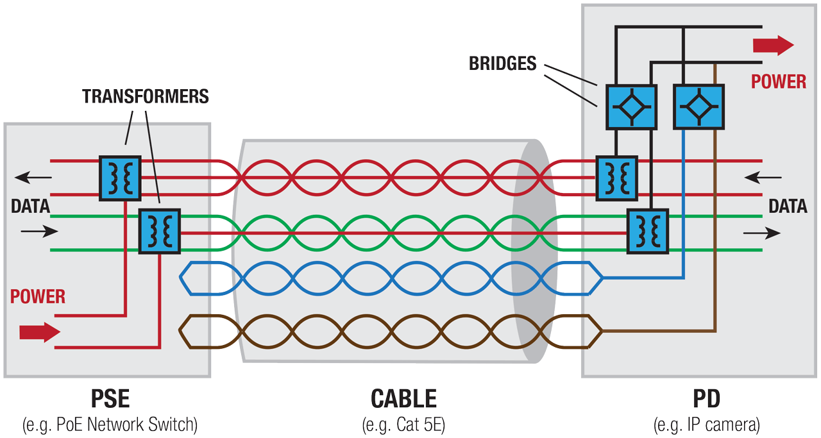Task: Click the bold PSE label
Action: (110, 400)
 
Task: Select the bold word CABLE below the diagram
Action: (403, 400)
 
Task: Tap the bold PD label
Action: (706, 400)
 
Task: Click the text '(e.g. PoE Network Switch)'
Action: (110, 424)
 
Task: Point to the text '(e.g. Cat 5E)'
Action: (403, 424)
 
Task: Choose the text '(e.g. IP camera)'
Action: (706, 424)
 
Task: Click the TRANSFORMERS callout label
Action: (146, 96)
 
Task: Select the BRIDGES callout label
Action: (502, 63)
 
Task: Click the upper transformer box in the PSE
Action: (120, 178)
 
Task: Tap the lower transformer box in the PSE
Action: (160, 231)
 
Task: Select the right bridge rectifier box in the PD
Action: (698, 106)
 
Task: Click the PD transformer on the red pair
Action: (616, 178)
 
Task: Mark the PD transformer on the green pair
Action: (648, 231)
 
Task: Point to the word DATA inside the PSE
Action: (30, 206)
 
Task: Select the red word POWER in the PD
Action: (779, 82)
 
